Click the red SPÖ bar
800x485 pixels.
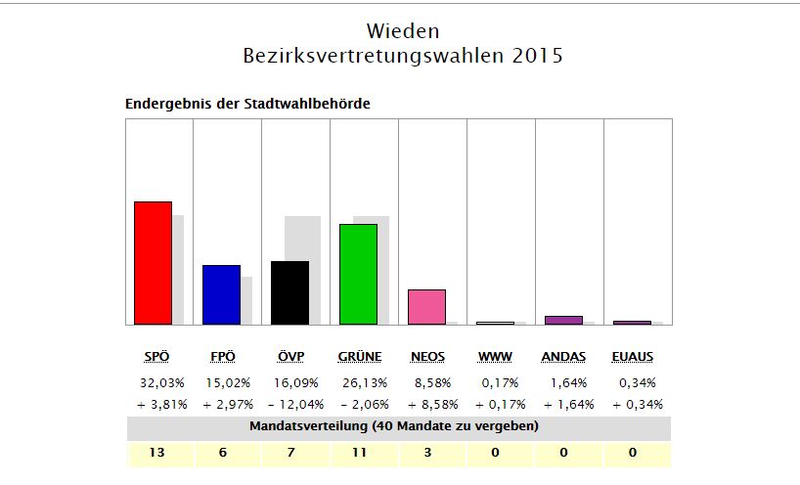click(x=153, y=263)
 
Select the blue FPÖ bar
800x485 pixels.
click(x=221, y=294)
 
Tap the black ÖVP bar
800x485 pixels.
click(x=289, y=292)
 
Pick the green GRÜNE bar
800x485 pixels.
click(x=358, y=274)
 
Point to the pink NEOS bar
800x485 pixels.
click(x=426, y=306)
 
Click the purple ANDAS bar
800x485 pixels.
click(x=563, y=320)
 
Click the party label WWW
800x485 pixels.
click(x=495, y=357)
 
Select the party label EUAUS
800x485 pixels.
click(x=632, y=357)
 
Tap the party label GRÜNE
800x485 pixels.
click(x=359, y=357)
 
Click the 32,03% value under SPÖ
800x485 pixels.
click(x=154, y=382)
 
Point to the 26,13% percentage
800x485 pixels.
click(x=359, y=382)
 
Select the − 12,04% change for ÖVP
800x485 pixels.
click(x=290, y=404)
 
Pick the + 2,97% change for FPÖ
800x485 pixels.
click(x=222, y=404)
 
